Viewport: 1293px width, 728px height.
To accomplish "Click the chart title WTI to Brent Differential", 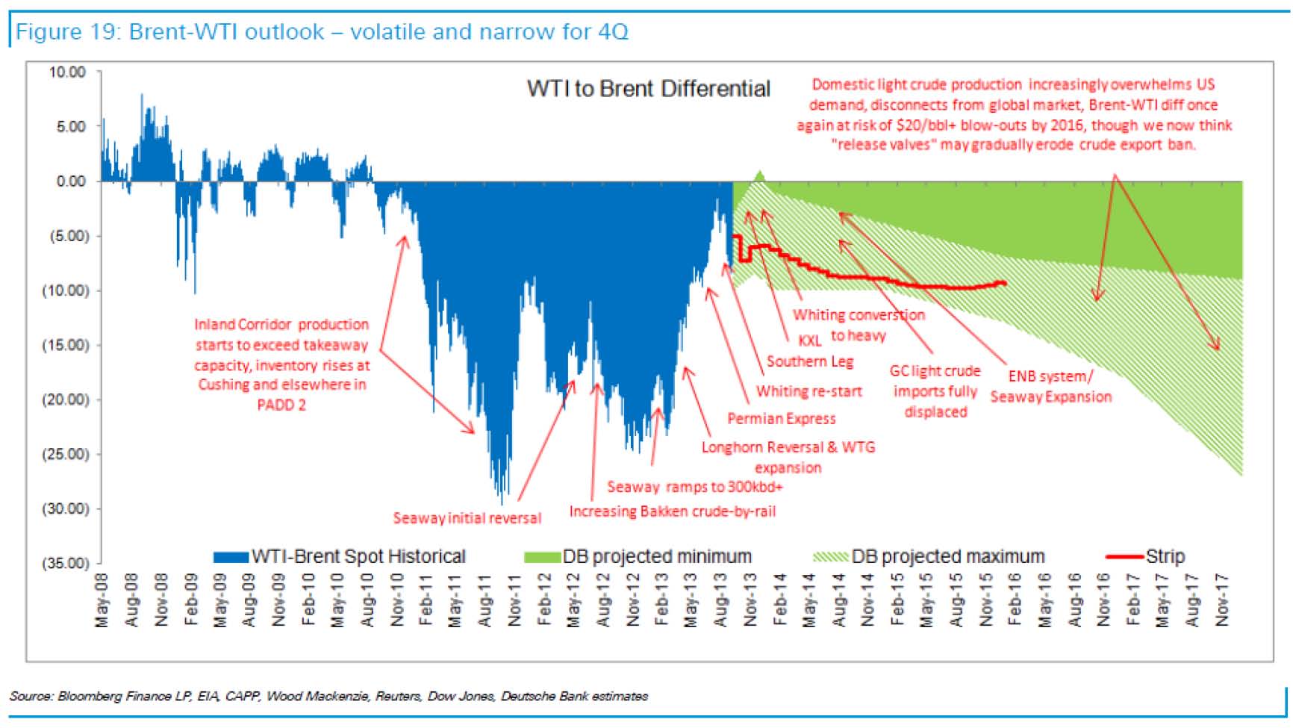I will tap(648, 89).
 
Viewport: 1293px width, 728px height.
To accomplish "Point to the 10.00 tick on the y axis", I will tap(67, 72).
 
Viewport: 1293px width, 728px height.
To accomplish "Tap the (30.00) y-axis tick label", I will tap(65, 508).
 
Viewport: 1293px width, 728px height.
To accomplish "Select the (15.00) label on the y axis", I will tap(65, 345).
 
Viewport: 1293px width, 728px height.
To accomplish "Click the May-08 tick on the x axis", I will tap(102, 600).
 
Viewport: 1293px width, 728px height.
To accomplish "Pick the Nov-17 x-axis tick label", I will tap(1222, 600).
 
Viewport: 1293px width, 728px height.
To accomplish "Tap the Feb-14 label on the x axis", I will tap(779, 600).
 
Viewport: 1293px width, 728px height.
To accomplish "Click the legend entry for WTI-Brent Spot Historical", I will tap(358, 557).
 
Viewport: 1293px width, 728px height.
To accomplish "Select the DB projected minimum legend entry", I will tap(656, 557).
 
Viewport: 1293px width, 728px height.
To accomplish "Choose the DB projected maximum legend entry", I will tap(947, 557).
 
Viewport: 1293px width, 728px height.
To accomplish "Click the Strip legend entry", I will tap(1165, 557).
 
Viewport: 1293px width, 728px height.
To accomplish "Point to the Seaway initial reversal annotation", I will tap(467, 518).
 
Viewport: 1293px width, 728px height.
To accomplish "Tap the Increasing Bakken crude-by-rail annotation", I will tap(672, 511).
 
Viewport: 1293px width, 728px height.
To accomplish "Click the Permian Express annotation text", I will tap(781, 419).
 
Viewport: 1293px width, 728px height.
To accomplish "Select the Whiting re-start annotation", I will tap(808, 391).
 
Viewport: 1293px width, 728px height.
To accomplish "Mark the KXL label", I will tap(809, 340).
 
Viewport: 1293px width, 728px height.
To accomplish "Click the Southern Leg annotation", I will tap(809, 362).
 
